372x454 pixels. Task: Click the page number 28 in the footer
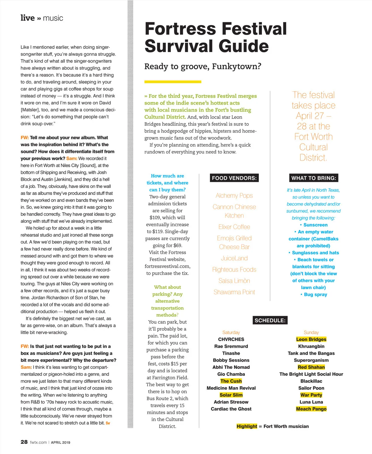(x=24, y=442)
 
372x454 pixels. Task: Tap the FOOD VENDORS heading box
(x=234, y=178)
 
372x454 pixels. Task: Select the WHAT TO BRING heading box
(x=313, y=178)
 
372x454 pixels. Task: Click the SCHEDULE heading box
(x=270, y=320)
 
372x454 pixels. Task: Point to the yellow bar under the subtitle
(x=173, y=82)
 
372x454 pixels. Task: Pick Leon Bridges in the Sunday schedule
(x=311, y=339)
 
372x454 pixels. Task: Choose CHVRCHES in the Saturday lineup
(x=231, y=339)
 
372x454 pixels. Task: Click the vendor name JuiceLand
(x=234, y=258)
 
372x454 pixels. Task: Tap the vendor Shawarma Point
(x=234, y=292)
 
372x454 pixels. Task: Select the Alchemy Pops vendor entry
(x=234, y=196)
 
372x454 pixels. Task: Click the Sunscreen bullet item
(x=315, y=225)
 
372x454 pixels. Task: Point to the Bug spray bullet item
(x=315, y=294)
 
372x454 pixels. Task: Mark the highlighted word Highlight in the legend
(x=247, y=426)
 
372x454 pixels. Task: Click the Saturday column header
(x=231, y=332)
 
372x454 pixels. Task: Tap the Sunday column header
(x=311, y=332)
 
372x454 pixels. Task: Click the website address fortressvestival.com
(x=167, y=266)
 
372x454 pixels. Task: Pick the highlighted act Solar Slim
(x=231, y=395)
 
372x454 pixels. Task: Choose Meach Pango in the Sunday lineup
(x=311, y=409)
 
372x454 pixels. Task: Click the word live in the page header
(x=28, y=18)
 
